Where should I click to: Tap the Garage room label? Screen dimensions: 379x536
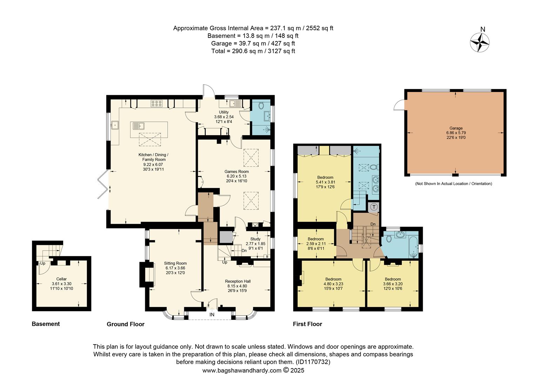(456, 128)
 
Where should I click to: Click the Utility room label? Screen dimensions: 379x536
(224, 112)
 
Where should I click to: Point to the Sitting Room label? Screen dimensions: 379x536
(175, 263)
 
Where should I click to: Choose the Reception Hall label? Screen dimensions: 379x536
(237, 281)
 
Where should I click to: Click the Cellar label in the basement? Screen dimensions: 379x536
(61, 279)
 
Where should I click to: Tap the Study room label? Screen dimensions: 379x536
(255, 239)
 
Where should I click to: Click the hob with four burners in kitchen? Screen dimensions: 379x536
(156, 103)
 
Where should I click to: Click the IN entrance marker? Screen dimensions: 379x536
(212, 315)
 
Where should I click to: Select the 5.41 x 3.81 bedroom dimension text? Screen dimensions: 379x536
(325, 182)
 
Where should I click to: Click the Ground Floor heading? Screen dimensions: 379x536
(126, 324)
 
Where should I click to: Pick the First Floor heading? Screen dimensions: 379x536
(307, 324)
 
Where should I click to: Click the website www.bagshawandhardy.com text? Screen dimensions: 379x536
(242, 370)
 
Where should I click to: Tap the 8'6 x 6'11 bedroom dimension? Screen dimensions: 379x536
(315, 248)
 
